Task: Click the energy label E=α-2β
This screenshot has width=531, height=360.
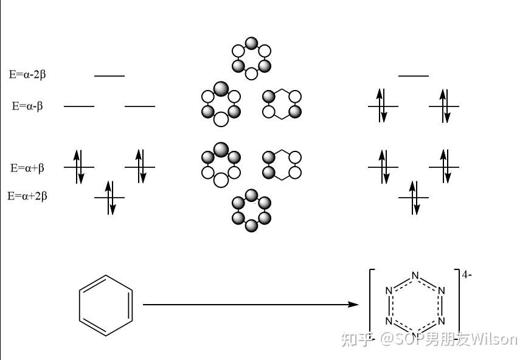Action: pyautogui.click(x=27, y=74)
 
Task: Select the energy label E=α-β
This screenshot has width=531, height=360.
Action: pyautogui.click(x=27, y=106)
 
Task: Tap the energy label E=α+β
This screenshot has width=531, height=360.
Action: pyautogui.click(x=27, y=168)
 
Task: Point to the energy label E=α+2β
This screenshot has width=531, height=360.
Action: pyautogui.click(x=27, y=196)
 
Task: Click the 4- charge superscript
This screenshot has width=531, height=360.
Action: pyautogui.click(x=467, y=275)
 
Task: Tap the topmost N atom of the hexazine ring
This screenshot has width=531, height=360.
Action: pyautogui.click(x=415, y=275)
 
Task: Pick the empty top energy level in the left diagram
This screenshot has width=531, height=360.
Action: pyautogui.click(x=109, y=76)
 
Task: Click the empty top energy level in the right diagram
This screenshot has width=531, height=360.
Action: pyautogui.click(x=414, y=76)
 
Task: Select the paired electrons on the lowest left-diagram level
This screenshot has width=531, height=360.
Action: pyautogui.click(x=110, y=198)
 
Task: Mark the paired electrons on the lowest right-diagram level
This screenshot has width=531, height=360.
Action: pyautogui.click(x=414, y=198)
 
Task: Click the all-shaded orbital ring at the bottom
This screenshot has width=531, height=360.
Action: pyautogui.click(x=251, y=210)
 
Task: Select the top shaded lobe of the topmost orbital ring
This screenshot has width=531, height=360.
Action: pyautogui.click(x=252, y=43)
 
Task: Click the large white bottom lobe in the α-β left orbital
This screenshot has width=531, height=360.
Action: pyautogui.click(x=221, y=119)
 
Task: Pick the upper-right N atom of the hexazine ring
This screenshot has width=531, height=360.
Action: pyautogui.click(x=441, y=291)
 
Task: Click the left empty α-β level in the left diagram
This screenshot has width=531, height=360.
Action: pyautogui.click(x=79, y=106)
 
